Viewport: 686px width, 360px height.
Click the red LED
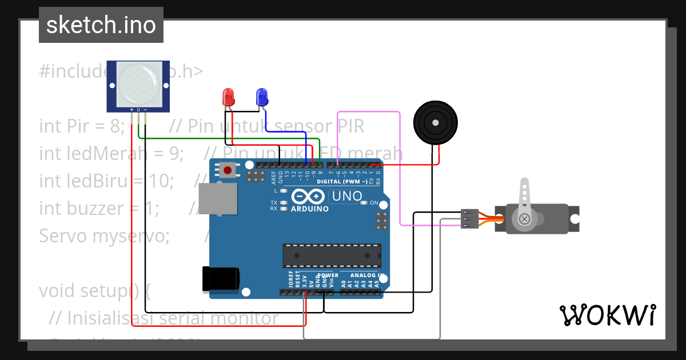click(228, 96)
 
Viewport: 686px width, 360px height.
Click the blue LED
click(262, 96)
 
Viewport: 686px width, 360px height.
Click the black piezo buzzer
click(436, 122)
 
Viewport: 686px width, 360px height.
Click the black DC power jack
click(220, 279)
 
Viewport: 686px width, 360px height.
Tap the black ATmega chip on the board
click(332, 255)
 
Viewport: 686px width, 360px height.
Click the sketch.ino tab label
click(101, 25)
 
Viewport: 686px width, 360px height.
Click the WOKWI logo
click(607, 315)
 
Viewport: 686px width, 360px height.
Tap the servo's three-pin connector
click(469, 219)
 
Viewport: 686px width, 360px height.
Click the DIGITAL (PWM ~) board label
click(341, 181)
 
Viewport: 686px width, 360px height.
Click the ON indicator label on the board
click(374, 203)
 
